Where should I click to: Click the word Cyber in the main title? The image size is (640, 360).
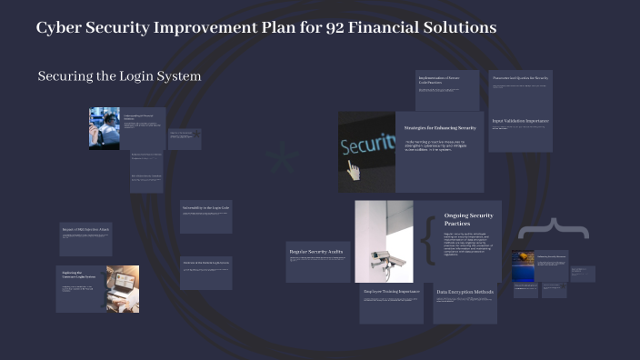pyautogui.click(x=59, y=27)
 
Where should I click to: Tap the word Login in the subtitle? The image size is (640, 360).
pyautogui.click(x=127, y=76)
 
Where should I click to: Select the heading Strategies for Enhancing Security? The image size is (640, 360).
pyautogui.click(x=440, y=128)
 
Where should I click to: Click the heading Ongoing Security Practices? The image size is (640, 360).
pyautogui.click(x=468, y=219)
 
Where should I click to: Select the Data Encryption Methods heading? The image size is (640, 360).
pyautogui.click(x=465, y=292)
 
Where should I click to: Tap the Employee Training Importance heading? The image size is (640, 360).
pyautogui.click(x=391, y=292)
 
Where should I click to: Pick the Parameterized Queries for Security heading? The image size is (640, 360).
pyautogui.click(x=520, y=78)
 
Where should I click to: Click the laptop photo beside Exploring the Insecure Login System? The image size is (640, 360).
pyautogui.click(x=122, y=288)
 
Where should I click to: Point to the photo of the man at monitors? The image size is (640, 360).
pyautogui.click(x=104, y=128)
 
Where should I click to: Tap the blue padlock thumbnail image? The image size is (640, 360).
pyautogui.click(x=523, y=266)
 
